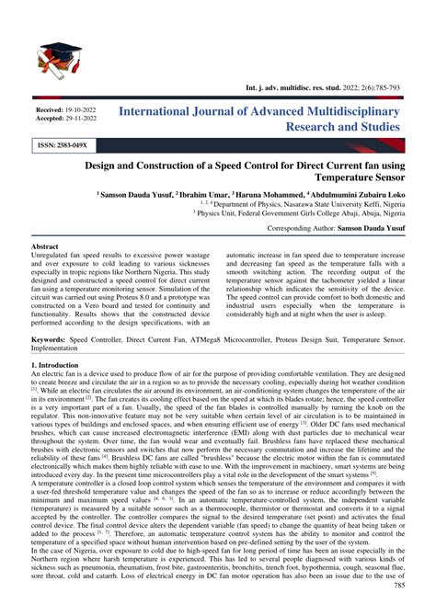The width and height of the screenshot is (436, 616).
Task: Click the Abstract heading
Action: point(45,248)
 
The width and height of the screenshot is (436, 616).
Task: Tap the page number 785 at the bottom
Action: point(411,610)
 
